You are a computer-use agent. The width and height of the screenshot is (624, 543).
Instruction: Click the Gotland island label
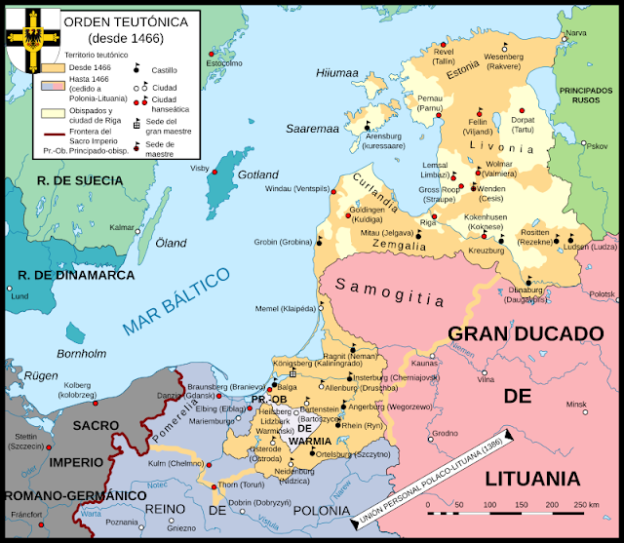click(258, 175)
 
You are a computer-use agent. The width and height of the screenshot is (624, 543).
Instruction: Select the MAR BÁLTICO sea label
click(176, 303)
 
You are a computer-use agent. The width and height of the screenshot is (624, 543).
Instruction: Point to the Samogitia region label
click(390, 286)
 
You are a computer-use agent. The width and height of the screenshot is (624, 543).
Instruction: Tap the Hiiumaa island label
click(337, 72)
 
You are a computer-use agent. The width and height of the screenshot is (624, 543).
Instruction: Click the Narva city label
click(576, 33)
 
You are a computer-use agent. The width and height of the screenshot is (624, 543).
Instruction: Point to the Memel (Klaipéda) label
click(285, 308)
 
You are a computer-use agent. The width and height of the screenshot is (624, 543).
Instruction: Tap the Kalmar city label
click(122, 227)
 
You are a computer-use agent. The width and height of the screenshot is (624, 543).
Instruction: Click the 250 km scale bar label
click(585, 503)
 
